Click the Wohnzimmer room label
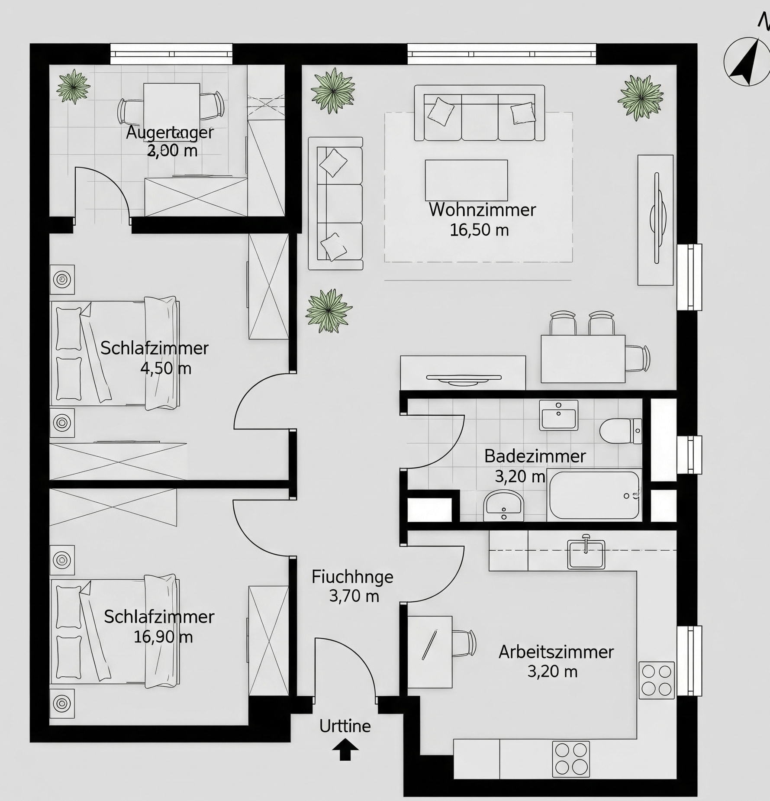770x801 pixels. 482,210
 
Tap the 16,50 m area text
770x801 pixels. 479,230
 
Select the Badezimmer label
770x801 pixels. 535,456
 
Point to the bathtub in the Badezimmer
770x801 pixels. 594,496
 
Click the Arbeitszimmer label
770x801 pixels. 556,652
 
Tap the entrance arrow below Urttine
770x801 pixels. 345,749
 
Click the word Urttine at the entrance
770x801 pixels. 345,726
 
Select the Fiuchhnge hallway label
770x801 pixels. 352,577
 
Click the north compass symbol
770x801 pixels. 747,62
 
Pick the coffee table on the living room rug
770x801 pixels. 466,180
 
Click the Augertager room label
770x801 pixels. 170,132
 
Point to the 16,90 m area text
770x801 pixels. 163,637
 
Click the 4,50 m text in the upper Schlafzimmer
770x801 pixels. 166,368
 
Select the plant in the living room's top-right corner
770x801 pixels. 641,97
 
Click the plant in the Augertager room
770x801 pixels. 73,87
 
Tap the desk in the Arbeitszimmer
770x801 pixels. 430,652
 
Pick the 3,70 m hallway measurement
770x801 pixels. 354,596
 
